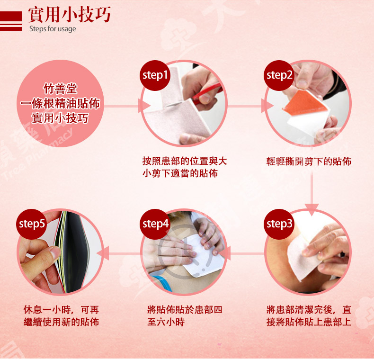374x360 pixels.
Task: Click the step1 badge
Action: (155, 75)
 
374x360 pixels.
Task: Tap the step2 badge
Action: (279, 75)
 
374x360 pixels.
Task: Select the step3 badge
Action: (279, 224)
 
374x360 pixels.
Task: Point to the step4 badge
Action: (155, 224)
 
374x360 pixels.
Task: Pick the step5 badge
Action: (32, 224)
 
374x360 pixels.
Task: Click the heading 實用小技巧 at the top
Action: (70, 14)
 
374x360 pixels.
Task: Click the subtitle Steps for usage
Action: (53, 29)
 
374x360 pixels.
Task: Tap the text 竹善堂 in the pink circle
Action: (60, 89)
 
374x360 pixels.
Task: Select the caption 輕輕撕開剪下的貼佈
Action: (309, 162)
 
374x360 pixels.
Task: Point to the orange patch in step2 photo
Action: (305, 103)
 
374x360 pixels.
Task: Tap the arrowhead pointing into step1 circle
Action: (144, 106)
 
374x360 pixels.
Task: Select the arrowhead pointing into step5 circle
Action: (103, 253)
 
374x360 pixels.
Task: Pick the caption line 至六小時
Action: (166, 322)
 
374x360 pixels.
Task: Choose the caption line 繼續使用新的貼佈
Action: (61, 322)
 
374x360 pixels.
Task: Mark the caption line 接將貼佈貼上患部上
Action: (309, 322)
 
